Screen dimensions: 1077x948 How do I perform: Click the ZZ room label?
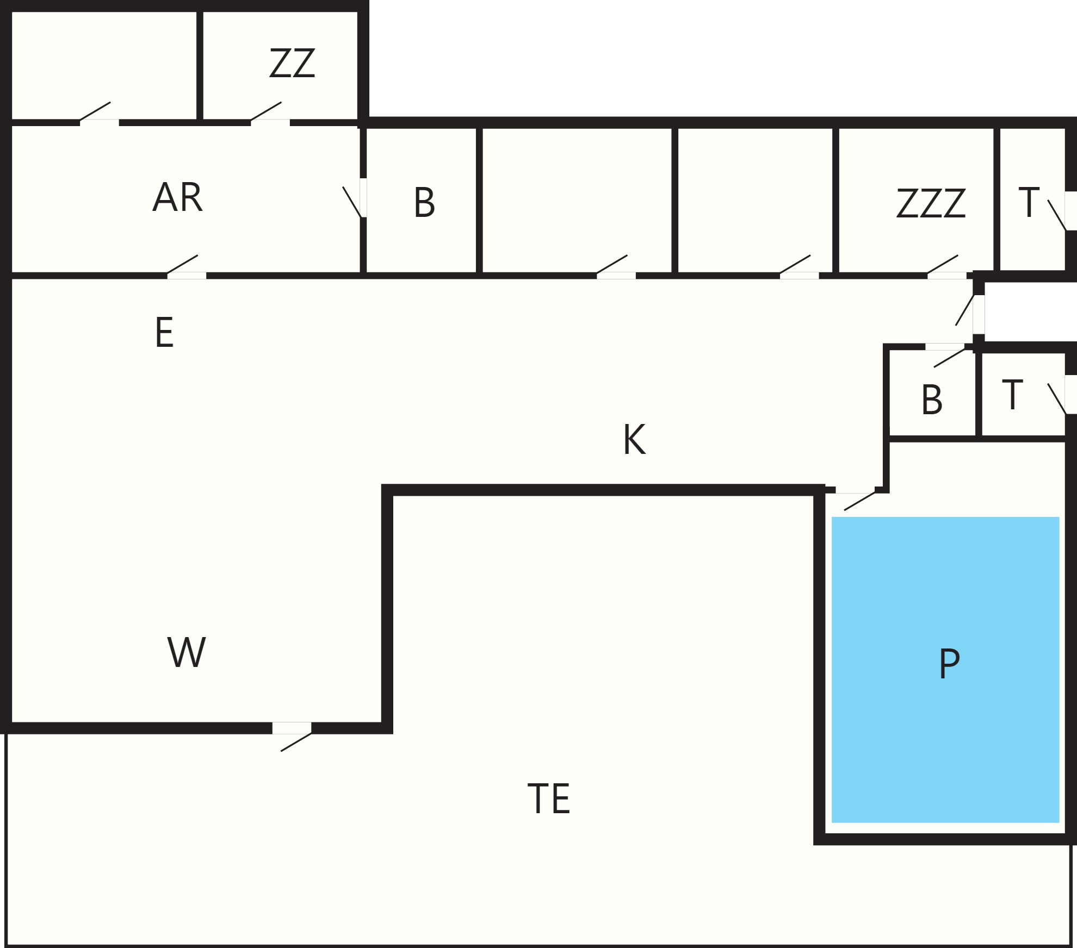tap(292, 63)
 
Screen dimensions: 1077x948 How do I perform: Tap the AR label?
tap(178, 197)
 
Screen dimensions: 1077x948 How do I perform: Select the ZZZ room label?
tap(931, 203)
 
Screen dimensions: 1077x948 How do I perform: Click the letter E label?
tap(164, 332)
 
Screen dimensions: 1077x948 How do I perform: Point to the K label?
tap(634, 439)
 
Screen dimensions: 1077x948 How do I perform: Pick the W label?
tap(187, 652)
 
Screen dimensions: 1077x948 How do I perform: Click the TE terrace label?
tap(549, 799)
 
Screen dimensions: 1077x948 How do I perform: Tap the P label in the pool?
tap(949, 663)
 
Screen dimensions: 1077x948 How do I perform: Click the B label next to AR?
tap(424, 203)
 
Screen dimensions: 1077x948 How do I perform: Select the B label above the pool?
tap(932, 400)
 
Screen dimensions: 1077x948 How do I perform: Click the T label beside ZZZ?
tap(1029, 202)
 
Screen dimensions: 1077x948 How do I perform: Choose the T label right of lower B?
tap(1012, 395)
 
